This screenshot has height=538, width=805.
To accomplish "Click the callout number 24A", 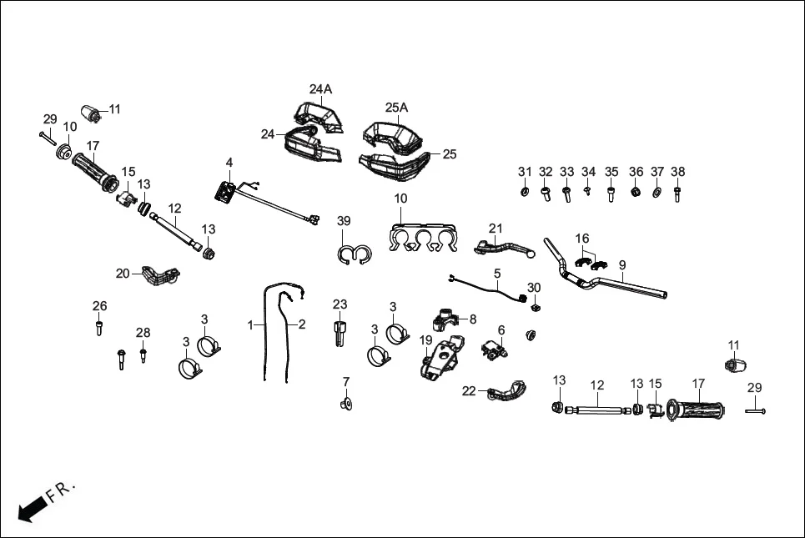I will (x=320, y=89).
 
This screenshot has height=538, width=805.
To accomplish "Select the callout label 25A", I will (x=396, y=108).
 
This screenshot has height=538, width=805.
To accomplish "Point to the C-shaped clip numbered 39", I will (x=354, y=253).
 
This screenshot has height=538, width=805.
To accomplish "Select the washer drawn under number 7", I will (x=345, y=405).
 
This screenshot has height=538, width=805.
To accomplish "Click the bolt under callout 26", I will (x=100, y=327).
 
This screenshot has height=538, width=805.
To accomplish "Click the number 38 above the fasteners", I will (x=678, y=172).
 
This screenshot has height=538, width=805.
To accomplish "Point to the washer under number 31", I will (x=524, y=193).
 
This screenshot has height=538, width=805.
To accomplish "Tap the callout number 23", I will (x=340, y=304).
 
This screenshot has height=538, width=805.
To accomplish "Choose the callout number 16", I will (x=581, y=239).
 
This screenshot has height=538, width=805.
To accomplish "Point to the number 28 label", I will (x=143, y=333).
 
